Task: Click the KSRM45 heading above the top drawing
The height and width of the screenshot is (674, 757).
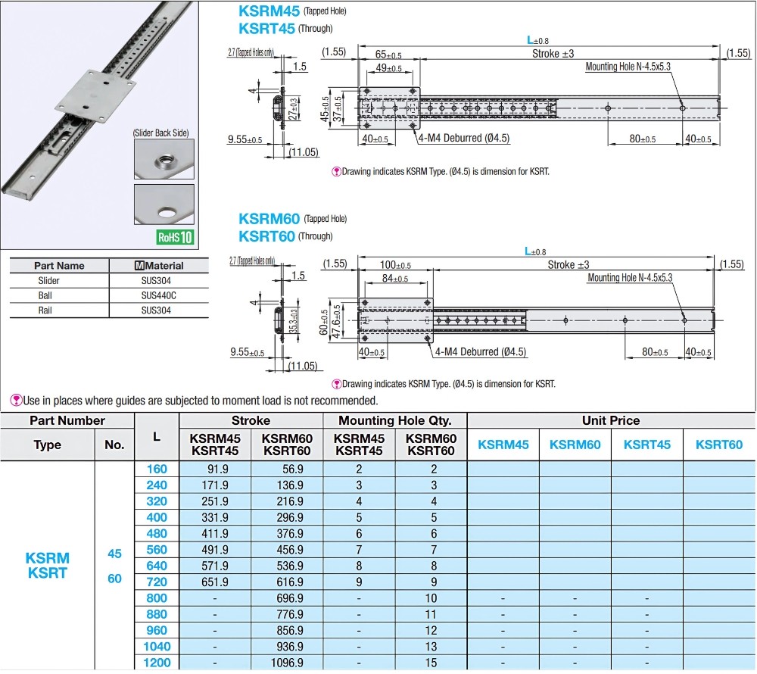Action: coord(268,11)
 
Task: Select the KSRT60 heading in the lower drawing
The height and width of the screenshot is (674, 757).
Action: coord(266,236)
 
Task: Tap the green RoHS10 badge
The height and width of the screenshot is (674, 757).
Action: coord(175,236)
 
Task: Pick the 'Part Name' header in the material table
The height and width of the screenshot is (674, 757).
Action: coord(59,266)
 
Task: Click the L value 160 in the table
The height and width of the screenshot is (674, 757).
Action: coord(156,469)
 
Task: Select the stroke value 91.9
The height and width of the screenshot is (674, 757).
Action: coord(215,469)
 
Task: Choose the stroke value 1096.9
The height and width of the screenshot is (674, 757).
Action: coord(287,663)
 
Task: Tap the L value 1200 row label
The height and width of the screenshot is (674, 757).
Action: coord(156,663)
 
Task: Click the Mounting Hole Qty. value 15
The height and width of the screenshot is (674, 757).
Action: coord(431,663)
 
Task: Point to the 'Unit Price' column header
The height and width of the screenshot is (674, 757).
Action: coord(610,420)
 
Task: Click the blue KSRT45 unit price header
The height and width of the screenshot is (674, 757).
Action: coord(646,445)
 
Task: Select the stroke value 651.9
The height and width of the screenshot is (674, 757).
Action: coord(215,582)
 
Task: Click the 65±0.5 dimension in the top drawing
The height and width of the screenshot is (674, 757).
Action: coord(388,55)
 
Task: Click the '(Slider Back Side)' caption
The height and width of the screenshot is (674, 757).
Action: coord(160,133)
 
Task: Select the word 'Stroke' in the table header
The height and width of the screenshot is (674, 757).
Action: coord(251,420)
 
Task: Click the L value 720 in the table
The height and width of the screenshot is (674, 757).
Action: coord(156,582)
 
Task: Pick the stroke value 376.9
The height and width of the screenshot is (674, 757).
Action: coord(287,533)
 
